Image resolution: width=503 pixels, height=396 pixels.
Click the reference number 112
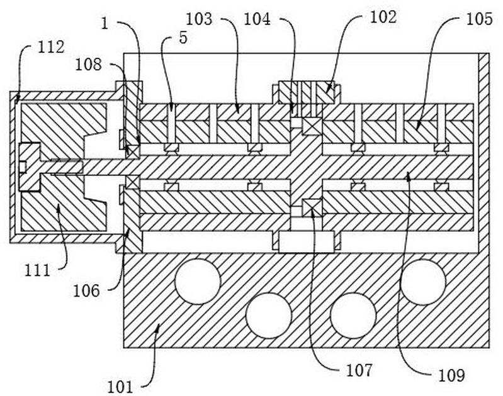pos(51,47)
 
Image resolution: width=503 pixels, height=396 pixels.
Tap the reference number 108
pos(89,64)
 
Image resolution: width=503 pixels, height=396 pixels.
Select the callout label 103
pos(199,19)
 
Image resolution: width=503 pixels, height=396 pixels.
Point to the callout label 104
pos(257,19)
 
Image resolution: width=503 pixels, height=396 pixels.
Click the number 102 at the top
pos(383,17)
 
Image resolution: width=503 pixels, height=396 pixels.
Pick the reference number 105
pos(479,19)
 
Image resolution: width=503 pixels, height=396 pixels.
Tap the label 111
pos(38,271)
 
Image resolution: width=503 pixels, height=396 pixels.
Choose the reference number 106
pos(87,291)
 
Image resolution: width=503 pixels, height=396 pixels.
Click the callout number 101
pos(120,387)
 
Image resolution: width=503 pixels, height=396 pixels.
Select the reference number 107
pos(359,371)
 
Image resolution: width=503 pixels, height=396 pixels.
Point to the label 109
pos(451,375)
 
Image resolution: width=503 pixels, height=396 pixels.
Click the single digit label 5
pos(183,38)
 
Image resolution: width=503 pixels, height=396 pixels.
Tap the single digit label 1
pos(105,24)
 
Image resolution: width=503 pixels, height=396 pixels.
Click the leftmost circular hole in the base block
pos(198,282)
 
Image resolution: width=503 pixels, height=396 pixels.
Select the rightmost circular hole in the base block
pos(423,282)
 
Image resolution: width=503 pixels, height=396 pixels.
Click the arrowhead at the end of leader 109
pos(409,175)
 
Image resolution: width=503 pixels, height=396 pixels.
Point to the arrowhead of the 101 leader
pos(157,327)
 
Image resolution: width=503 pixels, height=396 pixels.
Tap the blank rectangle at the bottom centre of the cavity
pos(307,242)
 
